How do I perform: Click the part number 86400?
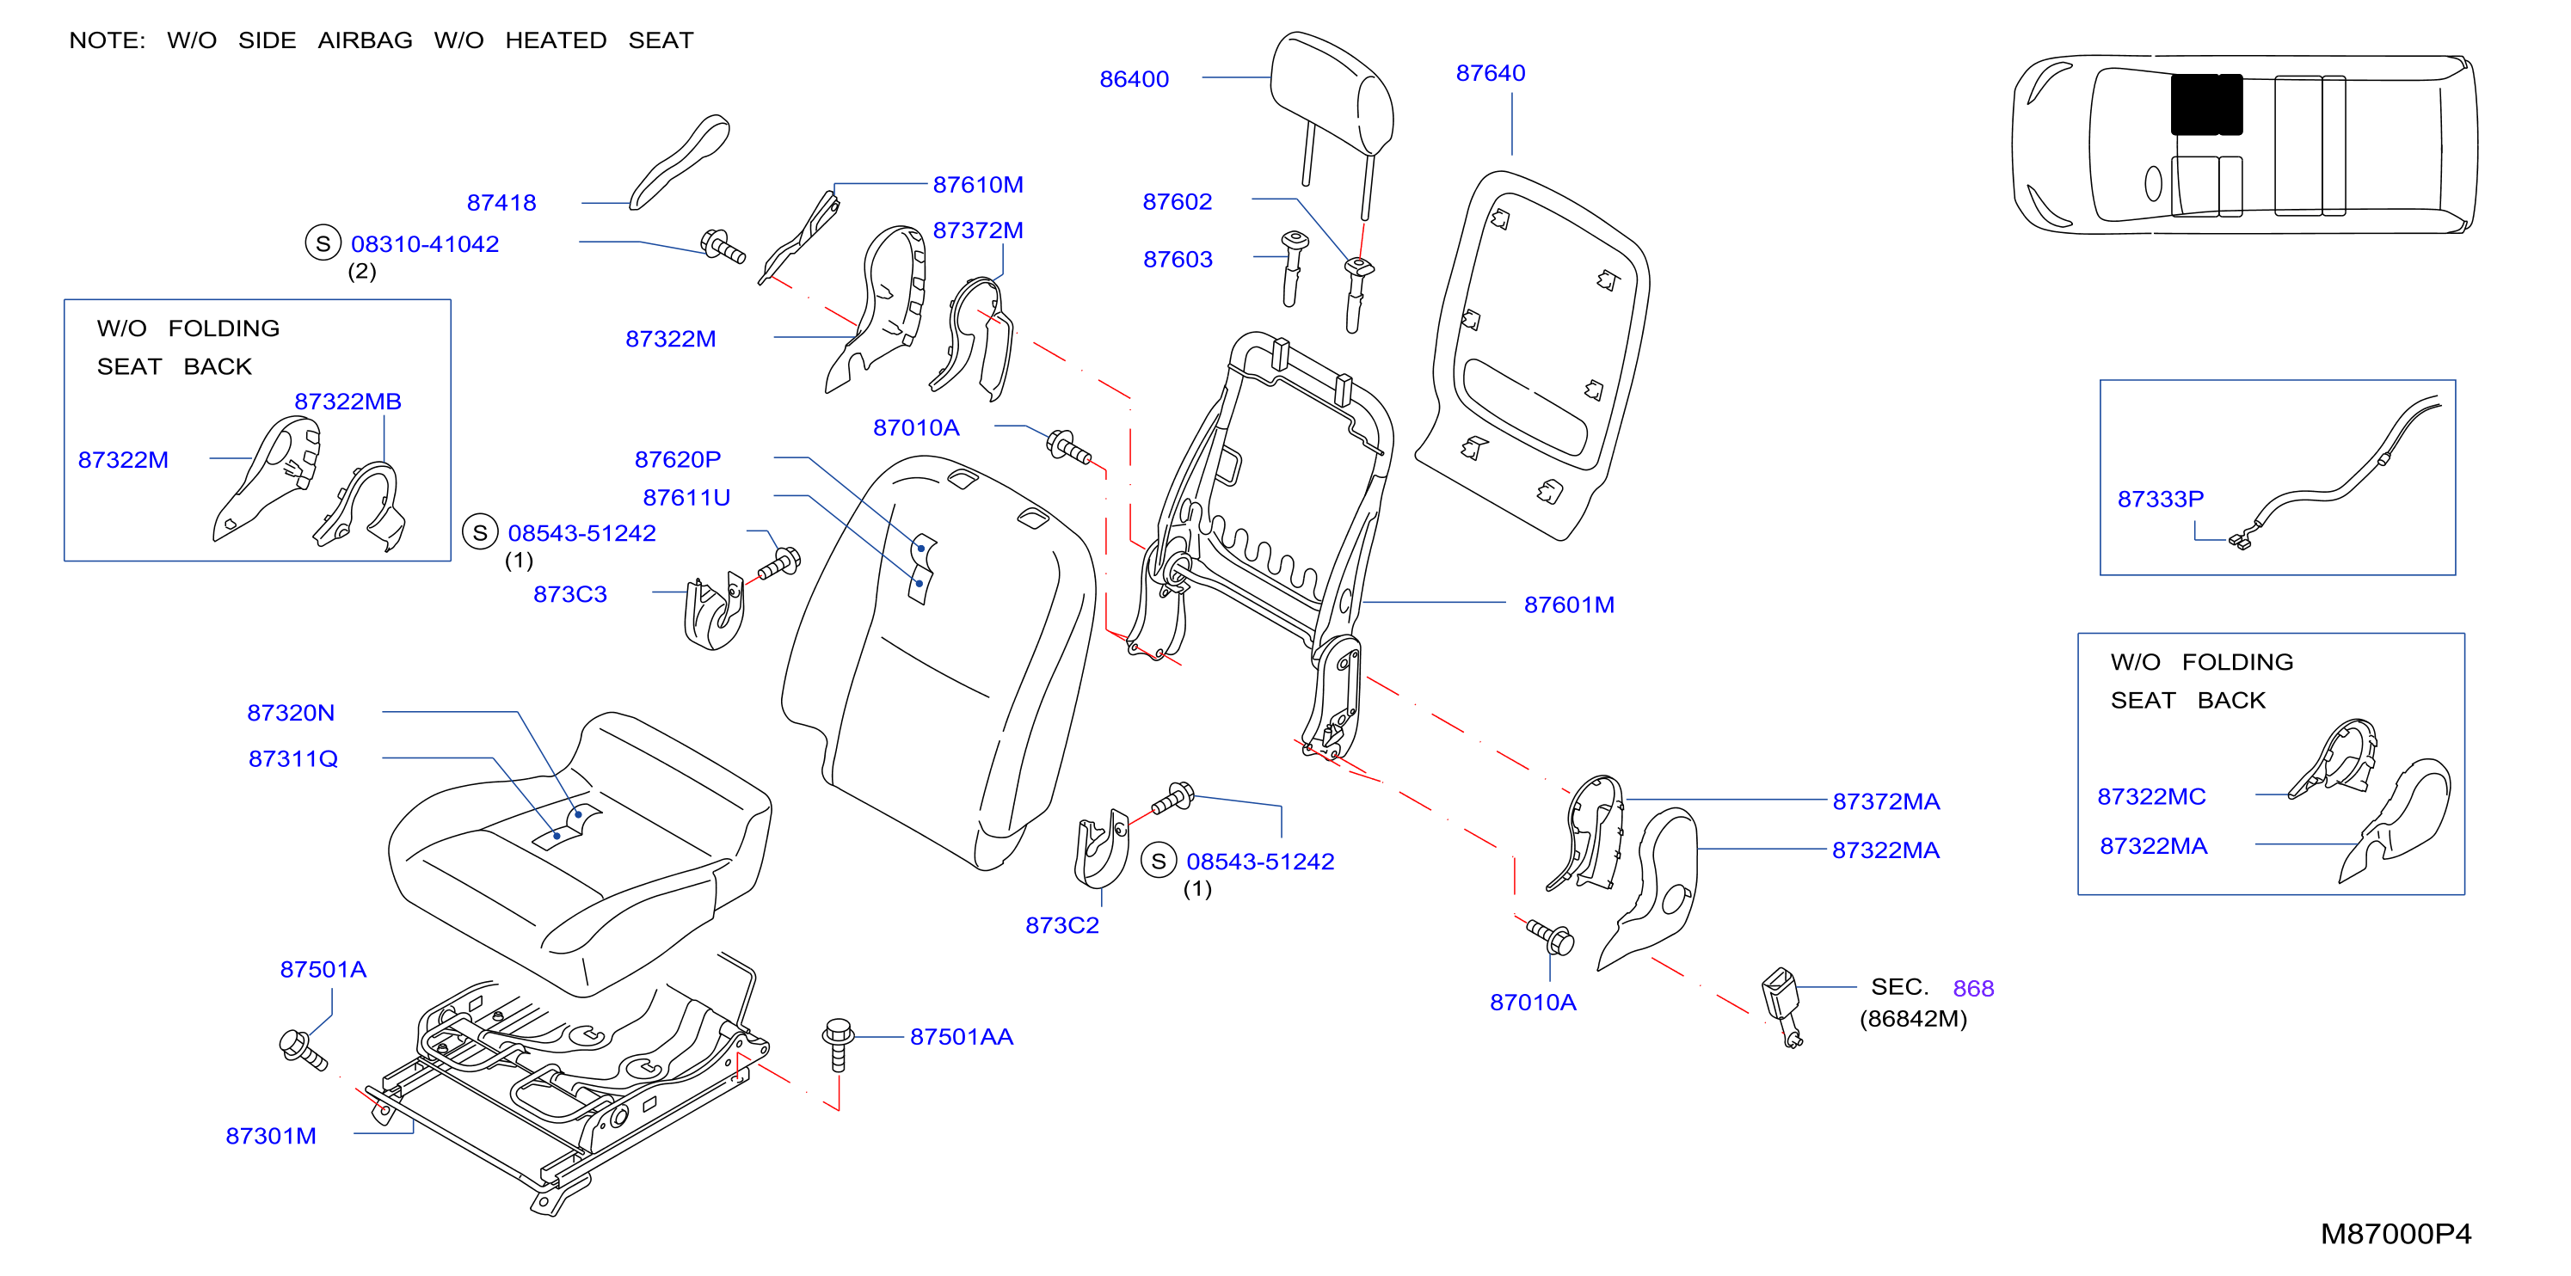click(x=1134, y=79)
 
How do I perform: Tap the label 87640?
click(x=1490, y=73)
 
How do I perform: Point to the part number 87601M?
click(x=1569, y=604)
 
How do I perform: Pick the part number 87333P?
click(x=2161, y=499)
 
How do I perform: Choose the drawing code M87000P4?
click(x=2396, y=1234)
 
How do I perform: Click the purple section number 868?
click(x=1973, y=988)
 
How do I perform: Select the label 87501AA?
click(x=961, y=1037)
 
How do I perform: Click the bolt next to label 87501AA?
click(x=839, y=1044)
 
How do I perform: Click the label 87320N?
click(x=291, y=712)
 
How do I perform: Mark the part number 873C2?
click(x=1062, y=925)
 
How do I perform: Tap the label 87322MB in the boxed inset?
click(x=348, y=401)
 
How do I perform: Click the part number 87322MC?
click(x=2151, y=796)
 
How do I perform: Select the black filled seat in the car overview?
click(x=2206, y=104)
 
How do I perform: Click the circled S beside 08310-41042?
click(x=323, y=243)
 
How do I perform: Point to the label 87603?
click(x=1178, y=260)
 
